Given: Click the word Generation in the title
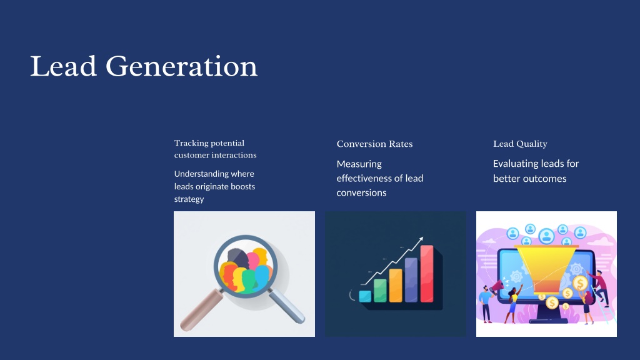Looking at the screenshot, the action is pyautogui.click(x=181, y=66).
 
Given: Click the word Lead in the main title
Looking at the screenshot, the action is pyautogui.click(x=63, y=66).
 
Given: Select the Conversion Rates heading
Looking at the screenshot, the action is pyautogui.click(x=375, y=144).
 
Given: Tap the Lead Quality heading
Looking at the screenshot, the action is pyautogui.click(x=520, y=144).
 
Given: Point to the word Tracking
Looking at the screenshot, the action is pyautogui.click(x=191, y=143).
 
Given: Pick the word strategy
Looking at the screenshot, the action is pyautogui.click(x=189, y=199).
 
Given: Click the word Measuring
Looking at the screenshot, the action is pyautogui.click(x=359, y=164).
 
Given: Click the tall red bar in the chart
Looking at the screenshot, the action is pyautogui.click(x=426, y=274).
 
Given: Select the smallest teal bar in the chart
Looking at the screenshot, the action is pyautogui.click(x=365, y=296).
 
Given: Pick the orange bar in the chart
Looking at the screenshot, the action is pyautogui.click(x=396, y=286).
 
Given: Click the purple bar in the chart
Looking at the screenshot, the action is pyautogui.click(x=411, y=280).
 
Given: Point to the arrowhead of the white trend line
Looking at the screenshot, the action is pyautogui.click(x=421, y=239).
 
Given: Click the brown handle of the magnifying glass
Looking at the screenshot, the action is pyautogui.click(x=201, y=310).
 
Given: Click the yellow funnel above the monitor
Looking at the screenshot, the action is pyautogui.click(x=546, y=269).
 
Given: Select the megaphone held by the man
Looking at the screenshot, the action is pyautogui.click(x=497, y=286).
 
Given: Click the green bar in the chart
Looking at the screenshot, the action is pyautogui.click(x=380, y=291).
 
